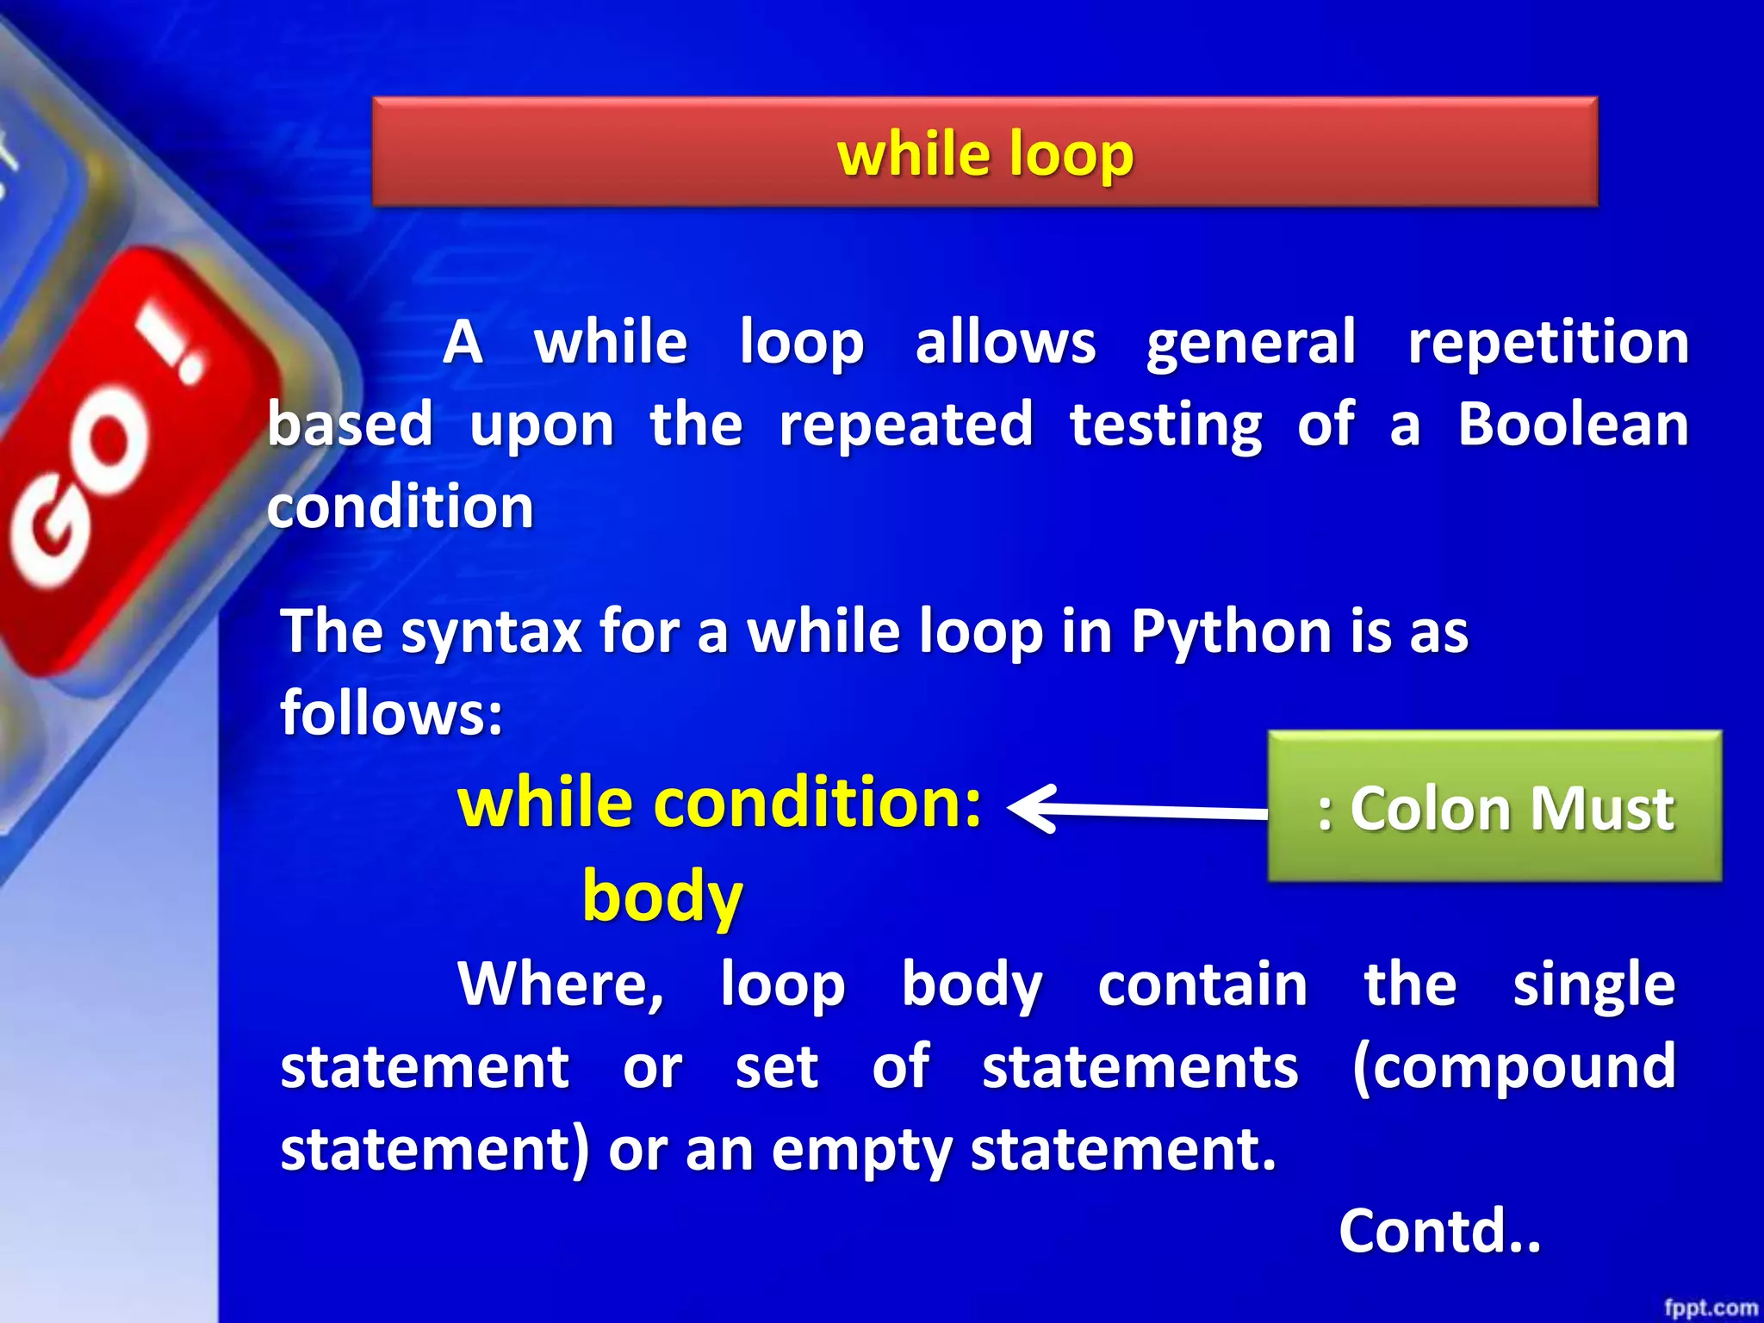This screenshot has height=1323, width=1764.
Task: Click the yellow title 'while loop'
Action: [985, 155]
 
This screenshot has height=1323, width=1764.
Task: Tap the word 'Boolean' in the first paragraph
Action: [1573, 425]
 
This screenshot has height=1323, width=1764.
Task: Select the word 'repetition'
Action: [1548, 343]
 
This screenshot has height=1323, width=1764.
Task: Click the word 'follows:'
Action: [392, 713]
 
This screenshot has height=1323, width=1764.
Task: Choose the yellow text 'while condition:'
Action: [719, 802]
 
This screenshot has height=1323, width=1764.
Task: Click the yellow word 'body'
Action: [661, 896]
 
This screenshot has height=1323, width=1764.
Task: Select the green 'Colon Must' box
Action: [1494, 806]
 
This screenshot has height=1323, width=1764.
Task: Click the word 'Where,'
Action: [561, 984]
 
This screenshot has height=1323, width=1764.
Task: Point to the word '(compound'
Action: [1513, 1067]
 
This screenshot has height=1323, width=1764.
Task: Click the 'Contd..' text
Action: [1438, 1232]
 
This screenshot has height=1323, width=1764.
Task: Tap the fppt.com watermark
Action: [1710, 1307]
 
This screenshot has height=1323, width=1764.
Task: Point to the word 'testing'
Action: [1165, 425]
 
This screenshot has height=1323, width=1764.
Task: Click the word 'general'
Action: [1251, 343]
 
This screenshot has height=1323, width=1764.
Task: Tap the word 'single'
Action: [1593, 984]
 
